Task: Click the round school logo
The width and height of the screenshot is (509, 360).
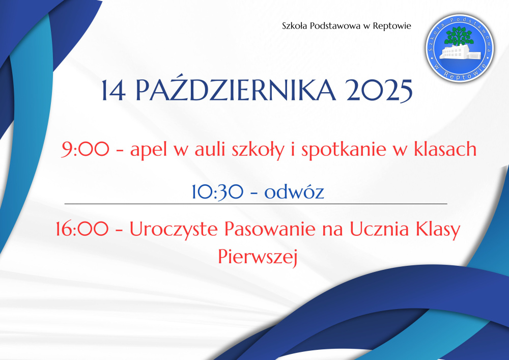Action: [460, 48]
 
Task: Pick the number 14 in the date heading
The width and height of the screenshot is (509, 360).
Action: [114, 91]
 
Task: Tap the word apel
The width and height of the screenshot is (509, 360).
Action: [148, 150]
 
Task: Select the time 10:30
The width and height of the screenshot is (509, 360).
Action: [217, 191]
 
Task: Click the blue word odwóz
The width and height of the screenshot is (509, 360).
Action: [294, 191]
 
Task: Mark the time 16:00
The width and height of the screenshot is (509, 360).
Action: [82, 229]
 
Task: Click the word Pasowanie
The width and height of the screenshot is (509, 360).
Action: [270, 229]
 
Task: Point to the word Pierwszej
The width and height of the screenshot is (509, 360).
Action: [258, 257]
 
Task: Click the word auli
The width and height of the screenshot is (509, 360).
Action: [210, 149]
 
